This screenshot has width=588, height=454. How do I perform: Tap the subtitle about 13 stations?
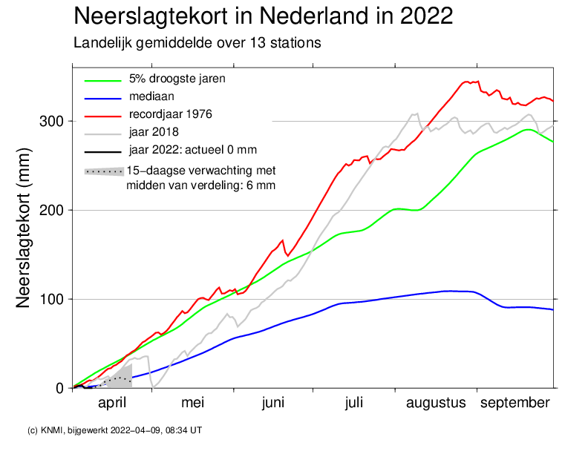coord(197,43)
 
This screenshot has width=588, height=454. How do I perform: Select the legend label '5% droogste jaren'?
coord(177,79)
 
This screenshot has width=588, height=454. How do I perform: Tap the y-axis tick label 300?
coord(55,121)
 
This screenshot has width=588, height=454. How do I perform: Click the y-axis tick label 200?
coord(55,210)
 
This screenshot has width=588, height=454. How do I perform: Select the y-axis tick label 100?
coord(55,299)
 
